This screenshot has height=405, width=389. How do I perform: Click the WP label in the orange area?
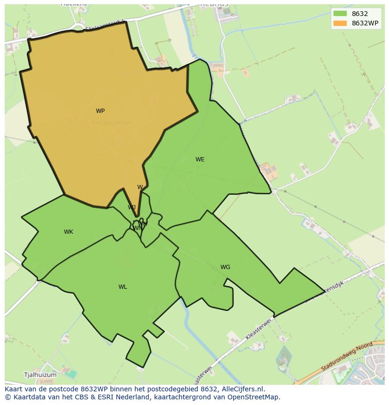coord(100,111)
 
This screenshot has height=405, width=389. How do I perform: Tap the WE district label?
coord(200,159)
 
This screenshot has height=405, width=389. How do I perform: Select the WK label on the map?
coord(69,232)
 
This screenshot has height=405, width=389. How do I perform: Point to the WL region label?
coord(123,287)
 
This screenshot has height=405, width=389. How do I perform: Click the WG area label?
coord(225,267)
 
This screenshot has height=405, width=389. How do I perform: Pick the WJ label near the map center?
coord(132,207)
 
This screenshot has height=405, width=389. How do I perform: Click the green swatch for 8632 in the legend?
coord(340,14)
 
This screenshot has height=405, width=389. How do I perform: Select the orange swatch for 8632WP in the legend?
coord(340,23)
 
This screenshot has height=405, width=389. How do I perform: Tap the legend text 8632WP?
coord(365,23)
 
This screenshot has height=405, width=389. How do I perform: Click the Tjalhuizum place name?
coord(40,375)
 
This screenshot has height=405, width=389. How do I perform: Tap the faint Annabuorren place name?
coord(111,123)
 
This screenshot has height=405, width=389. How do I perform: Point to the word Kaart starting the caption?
coord(15,389)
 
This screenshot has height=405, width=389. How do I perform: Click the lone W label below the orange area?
coord(140,187)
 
